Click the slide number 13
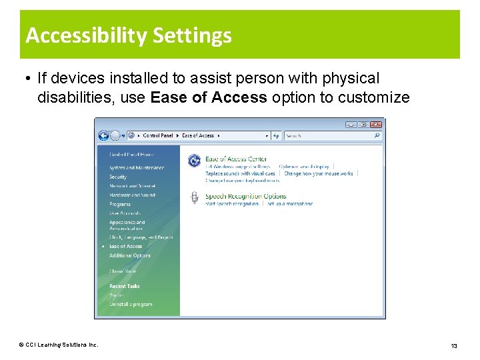(454, 345)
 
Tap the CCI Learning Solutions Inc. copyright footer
(59, 345)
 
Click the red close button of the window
(377, 124)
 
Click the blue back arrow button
(103, 135)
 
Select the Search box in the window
(330, 135)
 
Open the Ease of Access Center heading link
(236, 159)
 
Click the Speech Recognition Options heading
(245, 196)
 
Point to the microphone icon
(194, 197)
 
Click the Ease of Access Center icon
(194, 160)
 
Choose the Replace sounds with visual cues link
(240, 173)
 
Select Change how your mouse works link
(319, 173)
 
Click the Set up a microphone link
(290, 203)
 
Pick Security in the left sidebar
(118, 177)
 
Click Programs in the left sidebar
(120, 205)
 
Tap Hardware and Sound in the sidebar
(132, 195)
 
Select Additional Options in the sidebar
(130, 255)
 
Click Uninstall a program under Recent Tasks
(131, 304)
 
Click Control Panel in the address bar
(158, 135)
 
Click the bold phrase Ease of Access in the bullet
(209, 97)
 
